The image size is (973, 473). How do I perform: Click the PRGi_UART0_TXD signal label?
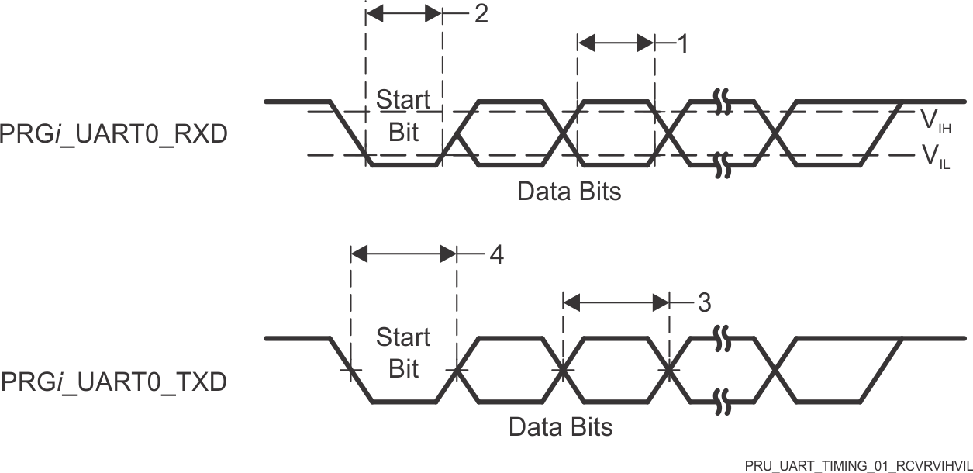(x=114, y=382)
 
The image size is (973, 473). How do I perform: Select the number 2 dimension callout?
(x=481, y=15)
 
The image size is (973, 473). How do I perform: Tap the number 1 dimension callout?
(x=682, y=44)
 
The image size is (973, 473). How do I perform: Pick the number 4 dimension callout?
(x=495, y=254)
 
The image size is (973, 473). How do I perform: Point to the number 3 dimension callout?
(x=703, y=302)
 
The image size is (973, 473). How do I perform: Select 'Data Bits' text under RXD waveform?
(x=569, y=191)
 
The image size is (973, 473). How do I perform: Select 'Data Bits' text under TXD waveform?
(x=561, y=426)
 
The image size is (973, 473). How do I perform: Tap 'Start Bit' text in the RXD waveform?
(x=403, y=116)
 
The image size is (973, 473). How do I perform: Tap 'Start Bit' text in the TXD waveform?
(x=403, y=353)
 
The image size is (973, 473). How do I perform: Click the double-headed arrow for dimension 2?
(x=403, y=14)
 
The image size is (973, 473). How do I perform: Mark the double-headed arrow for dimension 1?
(x=616, y=43)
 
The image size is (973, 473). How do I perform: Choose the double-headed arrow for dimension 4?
(x=403, y=253)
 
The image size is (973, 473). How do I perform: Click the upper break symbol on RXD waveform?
(x=723, y=102)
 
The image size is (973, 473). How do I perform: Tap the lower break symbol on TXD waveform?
(x=723, y=401)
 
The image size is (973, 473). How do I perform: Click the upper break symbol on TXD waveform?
(x=723, y=339)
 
